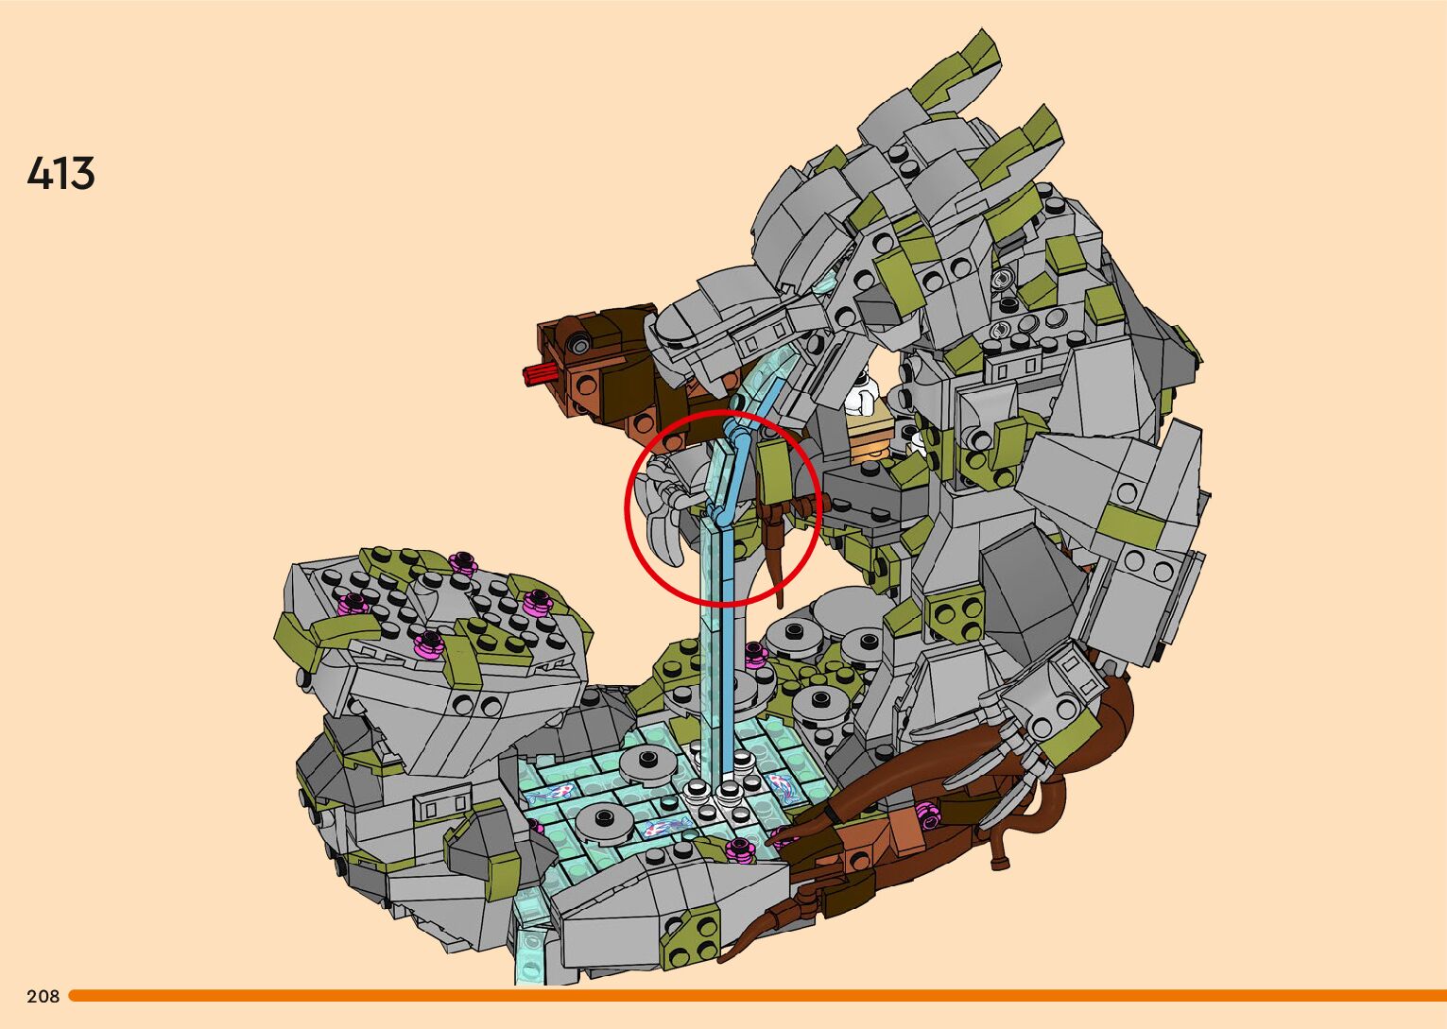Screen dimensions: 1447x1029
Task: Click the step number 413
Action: (x=60, y=173)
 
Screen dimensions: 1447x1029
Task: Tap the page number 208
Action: (x=43, y=996)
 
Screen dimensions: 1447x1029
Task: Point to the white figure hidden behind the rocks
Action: (x=862, y=393)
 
